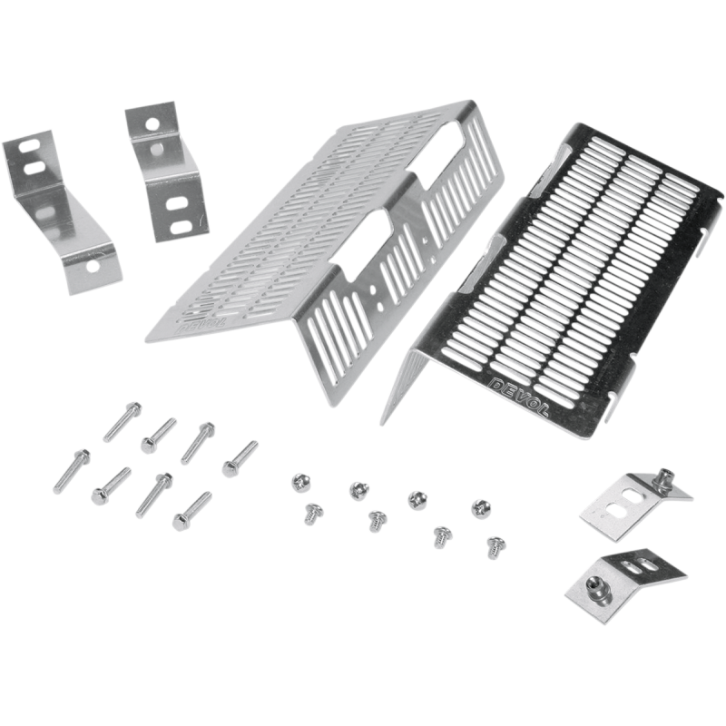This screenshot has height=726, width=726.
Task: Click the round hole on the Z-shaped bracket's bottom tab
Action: click(93, 266)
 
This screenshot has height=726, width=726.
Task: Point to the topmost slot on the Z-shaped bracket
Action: click(28, 147)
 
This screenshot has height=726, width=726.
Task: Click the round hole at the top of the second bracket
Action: click(152, 123)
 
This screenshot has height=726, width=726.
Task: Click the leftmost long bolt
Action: click(72, 471)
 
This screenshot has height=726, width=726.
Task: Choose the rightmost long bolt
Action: click(240, 458)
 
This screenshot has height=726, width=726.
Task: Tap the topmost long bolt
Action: click(123, 422)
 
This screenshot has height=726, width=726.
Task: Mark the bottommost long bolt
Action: click(191, 512)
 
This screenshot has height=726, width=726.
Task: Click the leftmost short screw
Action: click(300, 483)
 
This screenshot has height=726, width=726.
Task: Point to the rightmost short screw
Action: click(496, 548)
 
